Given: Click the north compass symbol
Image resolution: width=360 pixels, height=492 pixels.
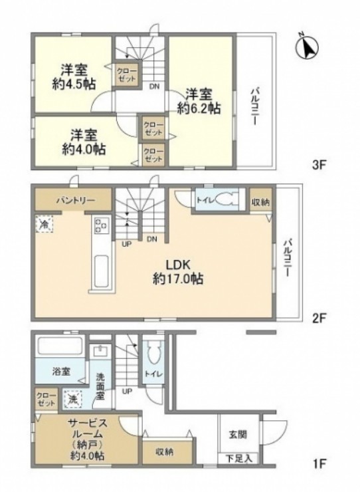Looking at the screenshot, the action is (x=308, y=47).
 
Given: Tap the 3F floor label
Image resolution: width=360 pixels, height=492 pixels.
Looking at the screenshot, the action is (x=319, y=165).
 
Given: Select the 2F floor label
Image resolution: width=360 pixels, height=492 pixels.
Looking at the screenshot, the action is (x=319, y=318).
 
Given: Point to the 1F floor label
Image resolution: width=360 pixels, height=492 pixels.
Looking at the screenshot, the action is (x=319, y=463).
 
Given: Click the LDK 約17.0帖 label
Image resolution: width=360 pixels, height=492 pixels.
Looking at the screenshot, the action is (x=178, y=271).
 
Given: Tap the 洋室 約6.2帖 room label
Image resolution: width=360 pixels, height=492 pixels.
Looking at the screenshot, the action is (x=199, y=100).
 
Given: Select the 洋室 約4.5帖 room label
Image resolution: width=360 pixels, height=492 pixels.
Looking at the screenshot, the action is (x=74, y=76).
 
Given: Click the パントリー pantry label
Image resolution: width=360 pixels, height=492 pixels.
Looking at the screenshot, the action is (x=76, y=200).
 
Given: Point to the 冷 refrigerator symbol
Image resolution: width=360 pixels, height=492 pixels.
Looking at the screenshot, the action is (x=44, y=223).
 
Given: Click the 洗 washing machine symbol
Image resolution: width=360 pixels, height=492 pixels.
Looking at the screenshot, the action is (x=72, y=399).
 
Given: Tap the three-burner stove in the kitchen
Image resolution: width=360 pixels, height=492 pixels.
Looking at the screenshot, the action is (x=102, y=225).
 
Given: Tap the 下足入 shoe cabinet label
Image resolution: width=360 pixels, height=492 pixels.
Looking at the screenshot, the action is (x=239, y=459).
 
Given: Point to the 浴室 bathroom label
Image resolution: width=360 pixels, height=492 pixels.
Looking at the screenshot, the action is (x=61, y=372).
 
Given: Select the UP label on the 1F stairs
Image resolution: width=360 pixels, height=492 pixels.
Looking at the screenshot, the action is (x=127, y=391).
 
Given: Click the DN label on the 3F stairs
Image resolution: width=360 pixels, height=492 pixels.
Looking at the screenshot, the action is (x=154, y=86).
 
